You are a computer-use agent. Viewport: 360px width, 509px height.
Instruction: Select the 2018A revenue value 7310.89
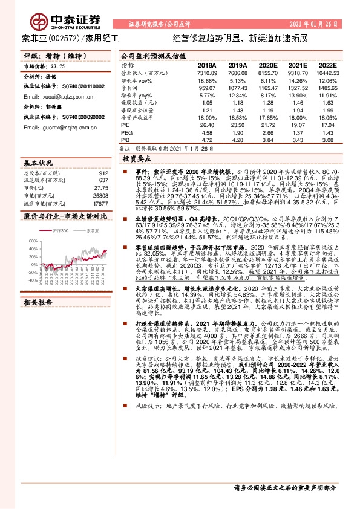tap(206, 72)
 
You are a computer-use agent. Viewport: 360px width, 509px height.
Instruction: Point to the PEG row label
tap(125, 132)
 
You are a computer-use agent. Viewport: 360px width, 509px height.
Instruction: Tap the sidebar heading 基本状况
tap(39, 163)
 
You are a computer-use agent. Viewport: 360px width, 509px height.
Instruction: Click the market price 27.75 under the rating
tap(57, 68)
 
